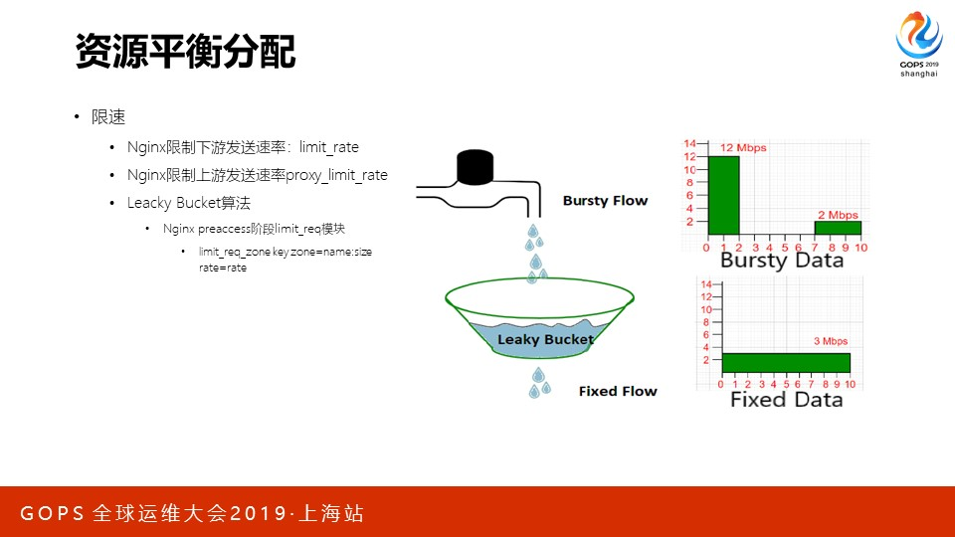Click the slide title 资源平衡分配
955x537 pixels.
click(x=186, y=51)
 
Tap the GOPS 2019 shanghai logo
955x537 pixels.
click(x=919, y=45)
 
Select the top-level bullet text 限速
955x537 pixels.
click(x=108, y=117)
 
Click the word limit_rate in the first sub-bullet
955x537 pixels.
click(x=329, y=147)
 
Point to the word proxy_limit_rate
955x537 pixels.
click(x=337, y=175)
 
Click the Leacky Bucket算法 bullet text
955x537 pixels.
click(x=189, y=203)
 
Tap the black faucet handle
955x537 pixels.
click(x=475, y=167)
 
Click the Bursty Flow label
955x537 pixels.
click(x=606, y=200)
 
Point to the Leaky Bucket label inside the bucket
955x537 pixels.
click(x=545, y=339)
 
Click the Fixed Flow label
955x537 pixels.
click(x=618, y=391)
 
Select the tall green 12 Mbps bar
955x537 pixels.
click(x=723, y=196)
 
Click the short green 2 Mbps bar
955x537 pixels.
click(x=838, y=228)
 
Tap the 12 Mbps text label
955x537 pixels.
click(x=743, y=148)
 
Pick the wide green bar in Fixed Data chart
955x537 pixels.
click(x=786, y=363)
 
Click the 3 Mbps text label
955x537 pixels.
click(x=831, y=341)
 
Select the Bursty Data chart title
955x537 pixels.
click(x=782, y=261)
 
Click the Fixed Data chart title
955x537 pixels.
click(x=786, y=400)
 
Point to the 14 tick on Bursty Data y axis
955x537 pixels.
click(x=689, y=143)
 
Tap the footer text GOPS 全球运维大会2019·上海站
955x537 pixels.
click(x=192, y=513)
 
